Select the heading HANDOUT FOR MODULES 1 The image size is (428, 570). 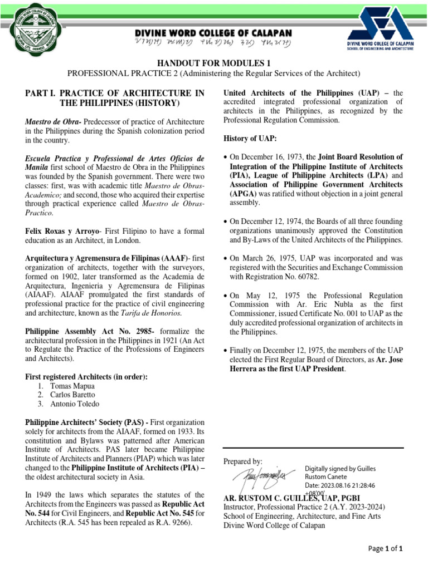click(213, 63)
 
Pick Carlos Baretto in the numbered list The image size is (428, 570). click(72, 395)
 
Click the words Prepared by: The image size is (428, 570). click(242, 461)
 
